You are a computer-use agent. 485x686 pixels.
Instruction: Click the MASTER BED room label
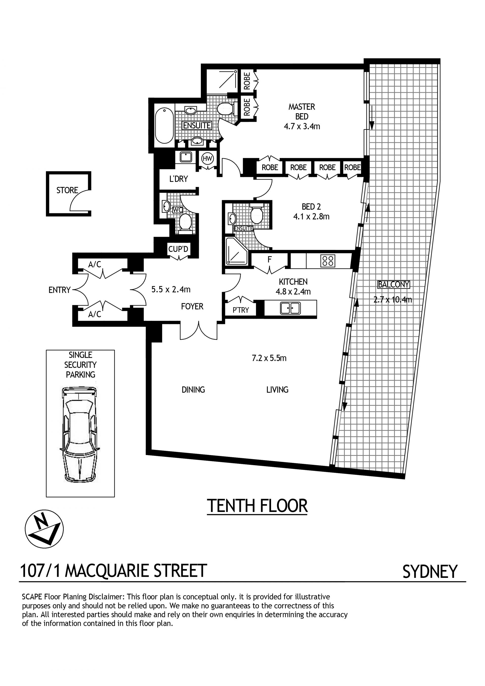click(x=302, y=111)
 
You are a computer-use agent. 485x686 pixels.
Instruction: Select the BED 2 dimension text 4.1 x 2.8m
click(x=311, y=216)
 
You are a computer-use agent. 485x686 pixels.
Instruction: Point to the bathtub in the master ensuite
click(x=164, y=126)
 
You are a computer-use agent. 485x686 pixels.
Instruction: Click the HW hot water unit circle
click(x=207, y=159)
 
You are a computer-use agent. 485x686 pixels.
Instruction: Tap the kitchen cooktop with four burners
click(x=328, y=261)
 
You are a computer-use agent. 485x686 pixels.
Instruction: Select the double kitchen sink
click(x=290, y=308)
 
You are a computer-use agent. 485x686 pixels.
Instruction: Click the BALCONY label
click(x=394, y=285)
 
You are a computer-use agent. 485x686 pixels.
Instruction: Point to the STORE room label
click(x=67, y=190)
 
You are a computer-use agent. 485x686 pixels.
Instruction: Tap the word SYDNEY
click(x=430, y=572)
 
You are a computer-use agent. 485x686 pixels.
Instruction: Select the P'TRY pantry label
click(x=241, y=310)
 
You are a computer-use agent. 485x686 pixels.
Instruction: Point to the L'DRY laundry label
click(x=179, y=179)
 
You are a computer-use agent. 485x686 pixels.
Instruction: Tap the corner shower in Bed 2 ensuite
click(x=236, y=251)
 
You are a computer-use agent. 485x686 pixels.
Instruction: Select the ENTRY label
click(x=59, y=290)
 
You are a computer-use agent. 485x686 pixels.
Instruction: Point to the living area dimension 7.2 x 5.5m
click(x=269, y=358)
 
